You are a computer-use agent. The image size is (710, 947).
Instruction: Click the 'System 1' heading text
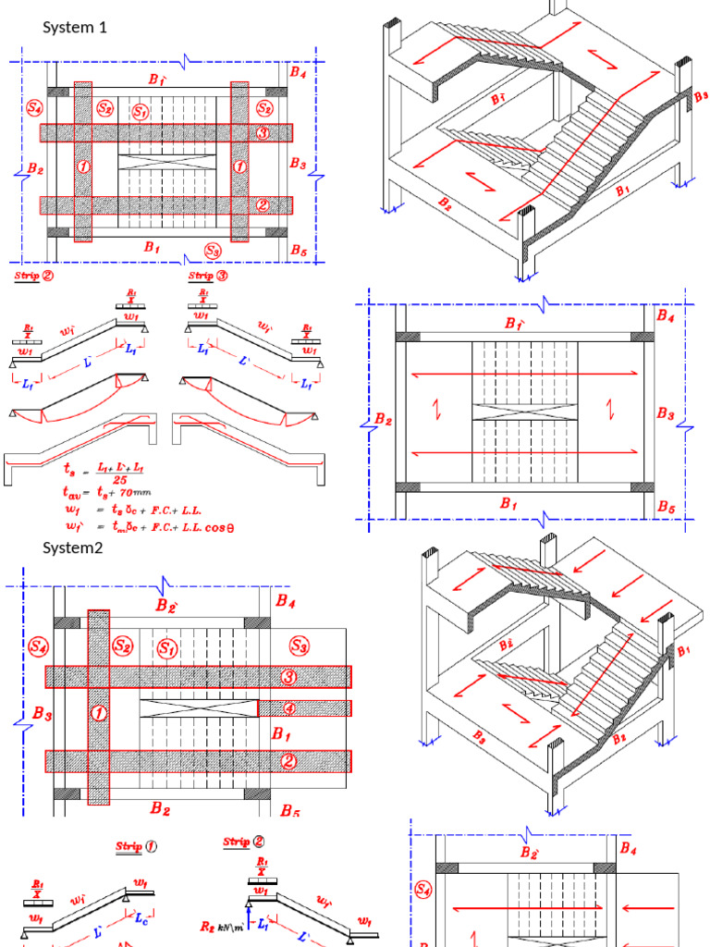[75, 28]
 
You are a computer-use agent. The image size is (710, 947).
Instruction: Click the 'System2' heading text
[72, 547]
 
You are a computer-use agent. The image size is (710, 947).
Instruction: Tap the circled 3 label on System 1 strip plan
[263, 134]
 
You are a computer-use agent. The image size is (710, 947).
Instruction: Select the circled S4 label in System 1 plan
[34, 108]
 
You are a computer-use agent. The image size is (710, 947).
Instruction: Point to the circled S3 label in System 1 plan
[213, 251]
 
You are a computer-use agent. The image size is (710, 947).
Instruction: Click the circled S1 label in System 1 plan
[141, 112]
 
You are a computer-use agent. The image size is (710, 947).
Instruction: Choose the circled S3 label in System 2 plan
[299, 645]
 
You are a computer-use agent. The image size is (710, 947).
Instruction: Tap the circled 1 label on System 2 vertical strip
[97, 713]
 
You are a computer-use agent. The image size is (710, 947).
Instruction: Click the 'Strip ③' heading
[208, 276]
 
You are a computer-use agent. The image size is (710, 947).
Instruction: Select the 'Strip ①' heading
[136, 846]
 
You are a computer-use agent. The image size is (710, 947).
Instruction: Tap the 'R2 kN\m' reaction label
[223, 926]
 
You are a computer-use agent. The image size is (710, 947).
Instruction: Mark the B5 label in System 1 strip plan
[298, 250]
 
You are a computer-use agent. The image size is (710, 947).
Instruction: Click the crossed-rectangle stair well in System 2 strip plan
[198, 707]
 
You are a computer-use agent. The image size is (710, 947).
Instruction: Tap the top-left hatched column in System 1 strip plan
[57, 92]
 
